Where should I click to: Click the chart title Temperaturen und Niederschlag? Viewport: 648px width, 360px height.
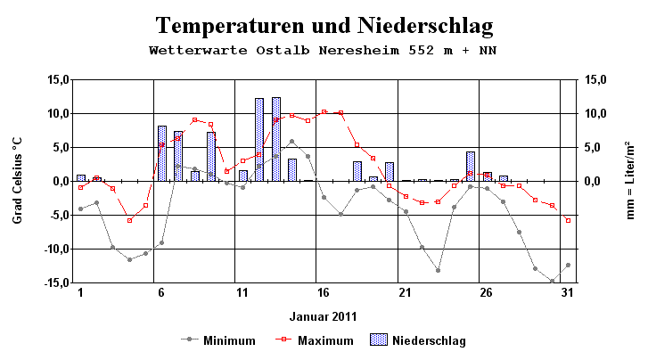[x=324, y=24]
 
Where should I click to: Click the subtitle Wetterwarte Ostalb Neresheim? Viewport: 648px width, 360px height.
[x=324, y=51]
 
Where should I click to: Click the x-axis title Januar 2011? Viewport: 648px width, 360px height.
[x=323, y=315]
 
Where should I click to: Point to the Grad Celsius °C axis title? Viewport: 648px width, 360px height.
[x=18, y=180]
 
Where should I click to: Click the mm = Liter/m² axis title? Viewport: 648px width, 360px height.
[x=629, y=180]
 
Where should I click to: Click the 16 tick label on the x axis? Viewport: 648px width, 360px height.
[x=324, y=292]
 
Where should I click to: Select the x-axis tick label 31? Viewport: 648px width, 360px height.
[x=568, y=292]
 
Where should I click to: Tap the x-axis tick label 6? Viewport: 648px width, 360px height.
[x=161, y=292]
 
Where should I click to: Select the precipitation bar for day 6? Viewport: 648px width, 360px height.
[x=162, y=153]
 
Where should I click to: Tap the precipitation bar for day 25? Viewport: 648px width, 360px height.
[x=471, y=167]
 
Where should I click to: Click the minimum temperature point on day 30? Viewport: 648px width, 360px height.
[x=552, y=281]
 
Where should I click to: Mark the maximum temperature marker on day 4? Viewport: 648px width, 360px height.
[x=129, y=220]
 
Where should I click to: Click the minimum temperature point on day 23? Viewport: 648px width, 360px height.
[x=439, y=270]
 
